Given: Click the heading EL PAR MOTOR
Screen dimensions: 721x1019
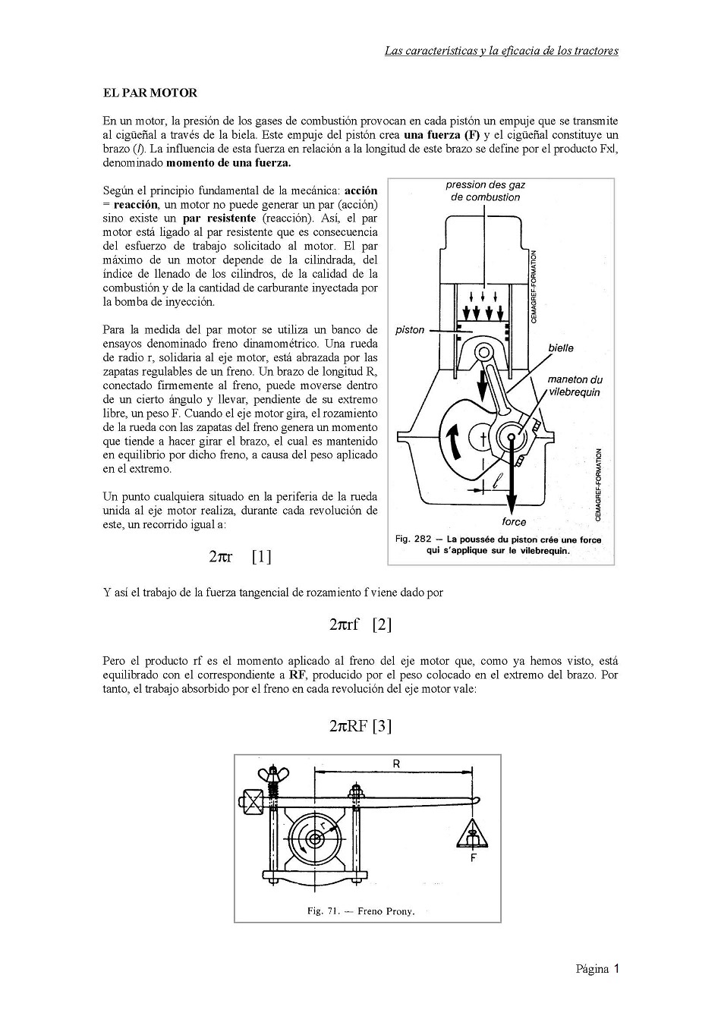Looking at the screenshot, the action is pos(150,93).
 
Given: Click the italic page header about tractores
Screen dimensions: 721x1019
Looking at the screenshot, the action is pos(502,51).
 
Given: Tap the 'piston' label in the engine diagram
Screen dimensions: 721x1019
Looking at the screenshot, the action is pos(410,330).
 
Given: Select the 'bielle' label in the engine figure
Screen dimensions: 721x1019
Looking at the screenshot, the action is pos(561,348).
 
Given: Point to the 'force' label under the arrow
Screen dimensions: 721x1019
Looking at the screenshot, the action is pos(514,522).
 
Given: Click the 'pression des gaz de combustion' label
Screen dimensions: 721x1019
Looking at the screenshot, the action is pos(486,191).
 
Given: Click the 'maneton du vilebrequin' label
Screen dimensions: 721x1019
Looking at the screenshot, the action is pos(575,385).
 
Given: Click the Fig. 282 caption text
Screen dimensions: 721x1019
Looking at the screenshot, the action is pos(498,545).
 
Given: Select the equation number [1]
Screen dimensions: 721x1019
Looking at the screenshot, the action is pos(262,557).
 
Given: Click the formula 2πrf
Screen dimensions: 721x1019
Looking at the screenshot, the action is pos(345,625).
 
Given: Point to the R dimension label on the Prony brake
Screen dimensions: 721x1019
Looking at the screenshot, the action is pos(396,764).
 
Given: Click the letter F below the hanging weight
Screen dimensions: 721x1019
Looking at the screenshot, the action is pos(473,858).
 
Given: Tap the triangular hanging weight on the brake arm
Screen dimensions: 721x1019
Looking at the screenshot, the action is pos(473,833).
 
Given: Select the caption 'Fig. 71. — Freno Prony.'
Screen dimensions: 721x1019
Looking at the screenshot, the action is pos(361,911).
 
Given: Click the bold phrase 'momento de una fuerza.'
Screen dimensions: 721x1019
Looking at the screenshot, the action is pos(228,163).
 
